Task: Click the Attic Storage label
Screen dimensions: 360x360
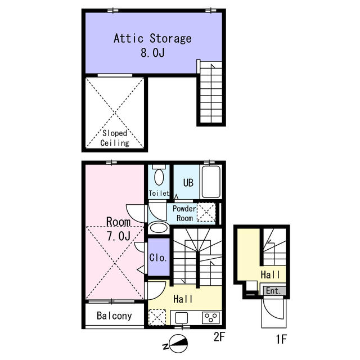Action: [x=152, y=38]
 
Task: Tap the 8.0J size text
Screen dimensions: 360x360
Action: [x=152, y=52]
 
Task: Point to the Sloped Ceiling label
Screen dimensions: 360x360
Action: [x=115, y=138]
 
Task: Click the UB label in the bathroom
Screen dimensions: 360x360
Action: [x=188, y=183]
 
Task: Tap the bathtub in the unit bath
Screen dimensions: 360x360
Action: [x=211, y=182]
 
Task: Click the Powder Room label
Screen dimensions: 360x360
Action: [x=184, y=213]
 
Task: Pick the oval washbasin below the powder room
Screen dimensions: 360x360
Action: [x=159, y=228]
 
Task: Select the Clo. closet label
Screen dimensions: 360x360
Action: [x=157, y=258]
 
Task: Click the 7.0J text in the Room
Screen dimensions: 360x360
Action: [x=119, y=236]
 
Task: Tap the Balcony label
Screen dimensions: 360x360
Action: [x=114, y=316]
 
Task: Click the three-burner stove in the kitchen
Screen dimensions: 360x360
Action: [x=211, y=318]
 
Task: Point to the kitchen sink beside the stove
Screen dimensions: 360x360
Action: [x=181, y=318]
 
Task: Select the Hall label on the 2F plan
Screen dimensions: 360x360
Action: [x=183, y=299]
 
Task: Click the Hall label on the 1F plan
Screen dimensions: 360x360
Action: [x=270, y=274]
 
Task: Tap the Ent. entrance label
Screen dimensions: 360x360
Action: [x=273, y=291]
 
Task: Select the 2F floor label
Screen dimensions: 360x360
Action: [x=219, y=337]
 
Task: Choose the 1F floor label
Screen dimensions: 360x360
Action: [x=281, y=339]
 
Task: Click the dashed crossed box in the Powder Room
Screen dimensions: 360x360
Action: [x=206, y=212]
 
